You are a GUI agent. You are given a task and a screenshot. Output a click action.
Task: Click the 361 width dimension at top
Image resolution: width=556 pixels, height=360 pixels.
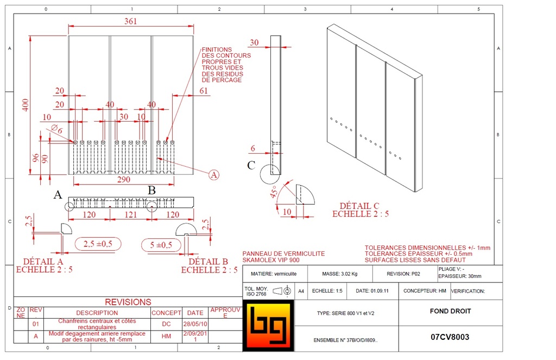point(130,21)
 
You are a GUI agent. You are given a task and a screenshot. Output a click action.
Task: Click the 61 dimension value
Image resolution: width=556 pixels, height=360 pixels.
point(204,91)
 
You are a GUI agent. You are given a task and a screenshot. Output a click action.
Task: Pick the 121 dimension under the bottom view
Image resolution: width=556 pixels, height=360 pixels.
point(131,215)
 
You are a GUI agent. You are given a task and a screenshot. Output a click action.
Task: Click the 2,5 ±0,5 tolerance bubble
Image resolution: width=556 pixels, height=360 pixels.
point(98,244)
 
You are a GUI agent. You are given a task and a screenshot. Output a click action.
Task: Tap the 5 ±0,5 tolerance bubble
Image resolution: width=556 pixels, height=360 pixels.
point(161,245)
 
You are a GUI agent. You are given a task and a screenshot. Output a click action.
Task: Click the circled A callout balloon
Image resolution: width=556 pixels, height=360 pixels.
point(214,174)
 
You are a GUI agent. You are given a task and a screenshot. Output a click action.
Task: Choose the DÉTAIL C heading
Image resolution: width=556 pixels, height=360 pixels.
point(359,206)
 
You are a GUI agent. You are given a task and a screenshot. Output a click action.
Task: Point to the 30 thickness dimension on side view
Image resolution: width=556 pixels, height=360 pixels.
point(254,43)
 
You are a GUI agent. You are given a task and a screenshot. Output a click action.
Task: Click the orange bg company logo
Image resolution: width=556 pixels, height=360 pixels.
point(267,326)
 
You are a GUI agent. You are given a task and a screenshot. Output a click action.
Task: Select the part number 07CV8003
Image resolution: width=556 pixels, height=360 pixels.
point(450,337)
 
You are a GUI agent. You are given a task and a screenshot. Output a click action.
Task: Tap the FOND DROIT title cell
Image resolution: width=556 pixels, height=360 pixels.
point(450,311)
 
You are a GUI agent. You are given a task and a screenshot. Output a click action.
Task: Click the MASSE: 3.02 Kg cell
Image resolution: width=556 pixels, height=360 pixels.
point(339,274)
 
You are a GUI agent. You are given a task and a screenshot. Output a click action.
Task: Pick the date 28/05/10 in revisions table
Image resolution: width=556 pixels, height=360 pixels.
point(195,324)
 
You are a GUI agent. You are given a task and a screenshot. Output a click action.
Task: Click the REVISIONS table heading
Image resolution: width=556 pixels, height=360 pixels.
point(128,302)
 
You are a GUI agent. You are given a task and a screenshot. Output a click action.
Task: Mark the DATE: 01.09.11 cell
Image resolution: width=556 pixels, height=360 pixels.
point(372,291)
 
